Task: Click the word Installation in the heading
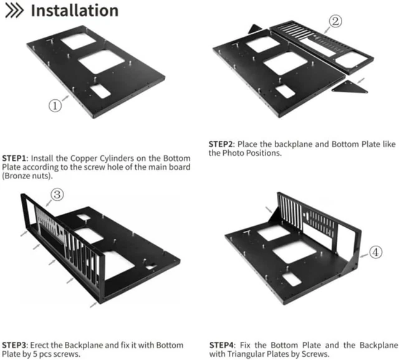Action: pyautogui.click(x=74, y=11)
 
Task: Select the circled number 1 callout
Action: pyautogui.click(x=55, y=105)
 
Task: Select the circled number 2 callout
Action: pyautogui.click(x=334, y=22)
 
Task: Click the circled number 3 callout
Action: pyautogui.click(x=57, y=195)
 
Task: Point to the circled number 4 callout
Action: pyautogui.click(x=375, y=253)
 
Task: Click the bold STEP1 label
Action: pyautogui.click(x=15, y=158)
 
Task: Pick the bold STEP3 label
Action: pyautogui.click(x=15, y=344)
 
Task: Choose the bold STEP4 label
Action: pyautogui.click(x=222, y=344)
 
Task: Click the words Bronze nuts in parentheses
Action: pyautogui.click(x=29, y=176)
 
